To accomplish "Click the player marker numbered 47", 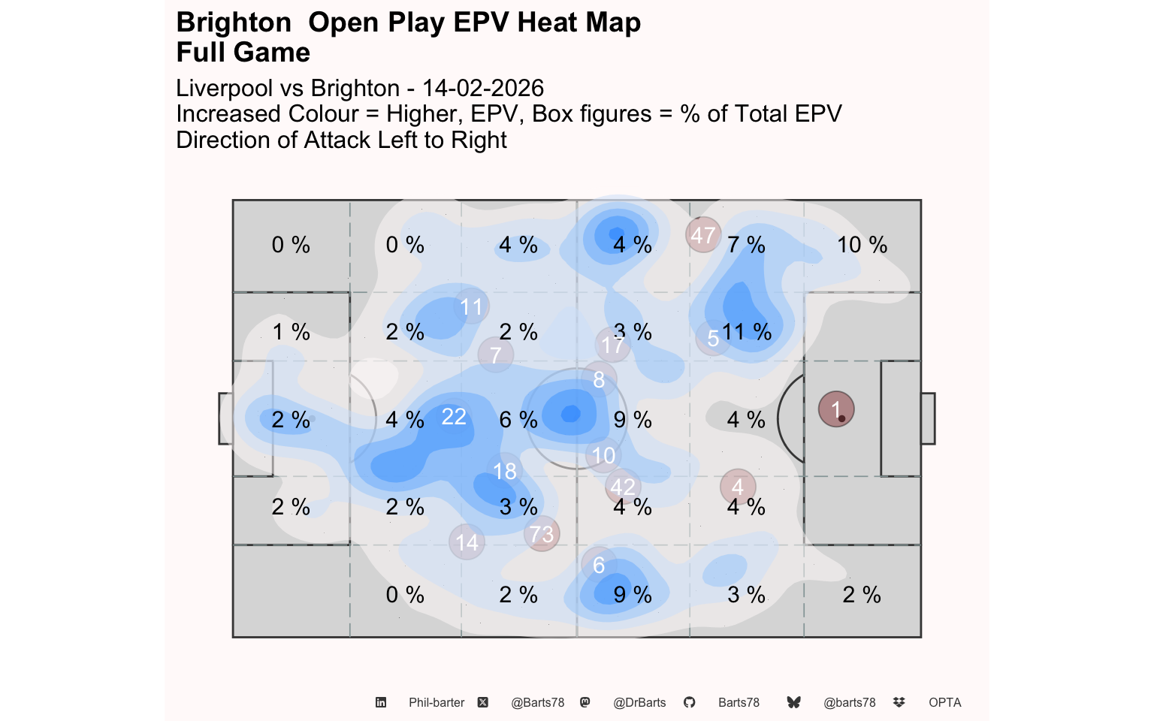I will (703, 235).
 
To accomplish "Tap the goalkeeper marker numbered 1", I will (836, 409).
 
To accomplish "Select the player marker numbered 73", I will (542, 534).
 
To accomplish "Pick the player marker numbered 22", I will (454, 417).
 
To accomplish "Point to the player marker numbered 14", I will (467, 542).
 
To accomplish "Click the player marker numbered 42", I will (623, 487).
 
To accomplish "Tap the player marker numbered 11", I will (471, 306).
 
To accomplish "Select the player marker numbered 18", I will (505, 471).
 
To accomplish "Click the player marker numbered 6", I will (599, 565).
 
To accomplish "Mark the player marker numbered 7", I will (496, 354).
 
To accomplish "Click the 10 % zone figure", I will (862, 245).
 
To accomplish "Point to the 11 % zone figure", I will (747, 332).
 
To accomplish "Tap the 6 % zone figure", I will (518, 420).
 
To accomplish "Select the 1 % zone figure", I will (291, 332).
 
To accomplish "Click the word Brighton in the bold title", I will (234, 23).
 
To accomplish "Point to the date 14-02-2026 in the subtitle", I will (482, 88).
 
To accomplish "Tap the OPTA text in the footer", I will (944, 703).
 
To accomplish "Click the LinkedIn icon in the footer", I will (381, 703).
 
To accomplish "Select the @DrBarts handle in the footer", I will (639, 703).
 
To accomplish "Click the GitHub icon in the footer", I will (690, 703).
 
